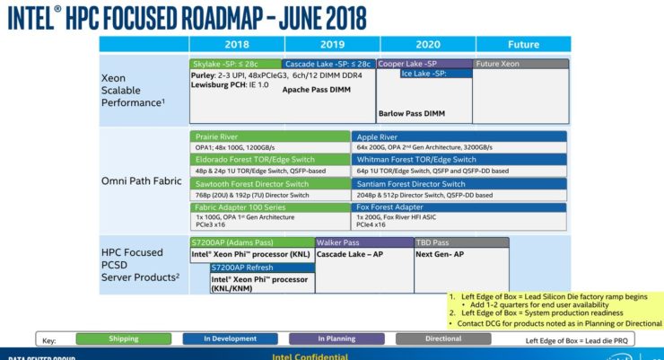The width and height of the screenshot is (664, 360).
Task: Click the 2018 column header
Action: [x=236, y=44]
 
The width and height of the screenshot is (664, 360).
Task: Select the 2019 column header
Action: [x=331, y=44]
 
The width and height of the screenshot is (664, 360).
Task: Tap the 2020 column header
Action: [x=427, y=44]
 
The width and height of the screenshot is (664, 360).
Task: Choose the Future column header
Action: [x=522, y=44]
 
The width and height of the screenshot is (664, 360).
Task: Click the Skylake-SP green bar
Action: [x=235, y=64]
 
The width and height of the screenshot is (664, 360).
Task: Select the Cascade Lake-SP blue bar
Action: [x=327, y=64]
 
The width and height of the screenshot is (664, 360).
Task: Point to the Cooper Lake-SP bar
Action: [x=423, y=64]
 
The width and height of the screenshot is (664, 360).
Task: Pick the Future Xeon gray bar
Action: [x=520, y=64]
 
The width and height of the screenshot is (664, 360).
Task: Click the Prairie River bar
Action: [x=270, y=136]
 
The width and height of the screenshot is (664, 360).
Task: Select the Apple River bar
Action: [x=458, y=136]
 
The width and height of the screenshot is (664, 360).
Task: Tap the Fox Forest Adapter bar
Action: [x=458, y=207]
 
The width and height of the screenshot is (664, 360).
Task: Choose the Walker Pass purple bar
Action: [x=363, y=242]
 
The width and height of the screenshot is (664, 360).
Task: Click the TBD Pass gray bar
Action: [x=460, y=242]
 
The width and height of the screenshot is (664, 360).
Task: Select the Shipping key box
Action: [x=123, y=338]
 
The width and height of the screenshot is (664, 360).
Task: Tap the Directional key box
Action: [x=442, y=338]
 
